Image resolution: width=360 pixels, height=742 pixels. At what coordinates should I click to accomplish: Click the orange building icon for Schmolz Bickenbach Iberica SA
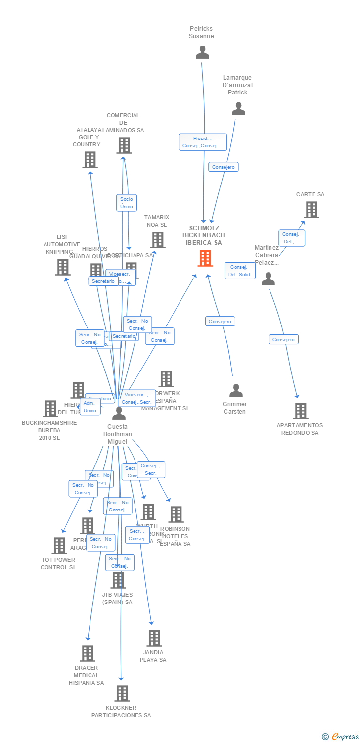click(205, 258)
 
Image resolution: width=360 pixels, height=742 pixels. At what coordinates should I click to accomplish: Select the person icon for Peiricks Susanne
click(202, 52)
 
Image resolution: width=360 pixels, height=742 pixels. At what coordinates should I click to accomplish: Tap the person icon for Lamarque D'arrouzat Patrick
click(238, 109)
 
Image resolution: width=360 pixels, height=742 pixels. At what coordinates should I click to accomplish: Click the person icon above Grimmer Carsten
click(236, 391)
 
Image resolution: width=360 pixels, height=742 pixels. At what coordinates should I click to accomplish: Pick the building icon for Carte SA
click(311, 210)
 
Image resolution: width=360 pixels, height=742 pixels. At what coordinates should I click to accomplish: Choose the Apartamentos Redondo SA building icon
click(300, 411)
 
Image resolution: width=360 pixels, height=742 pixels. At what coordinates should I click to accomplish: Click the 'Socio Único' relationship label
click(127, 203)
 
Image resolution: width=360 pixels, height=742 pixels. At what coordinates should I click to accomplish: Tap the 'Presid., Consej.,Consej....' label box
click(203, 142)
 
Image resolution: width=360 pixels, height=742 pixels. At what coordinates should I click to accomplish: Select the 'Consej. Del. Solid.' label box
click(240, 271)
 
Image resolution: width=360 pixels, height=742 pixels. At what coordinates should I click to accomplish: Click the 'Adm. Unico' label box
click(90, 407)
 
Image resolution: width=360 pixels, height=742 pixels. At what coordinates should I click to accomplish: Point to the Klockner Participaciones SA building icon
click(122, 694)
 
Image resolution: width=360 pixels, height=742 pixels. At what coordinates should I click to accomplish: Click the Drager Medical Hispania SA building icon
click(88, 653)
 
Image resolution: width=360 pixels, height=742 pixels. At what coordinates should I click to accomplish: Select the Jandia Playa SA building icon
click(154, 638)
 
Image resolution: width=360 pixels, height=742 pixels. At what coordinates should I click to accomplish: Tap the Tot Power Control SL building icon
click(59, 546)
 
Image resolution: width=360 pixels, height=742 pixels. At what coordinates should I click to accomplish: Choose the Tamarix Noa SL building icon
click(157, 240)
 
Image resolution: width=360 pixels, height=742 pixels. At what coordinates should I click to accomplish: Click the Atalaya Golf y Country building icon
click(90, 160)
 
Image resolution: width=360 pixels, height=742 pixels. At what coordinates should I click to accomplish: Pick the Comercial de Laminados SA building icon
click(124, 145)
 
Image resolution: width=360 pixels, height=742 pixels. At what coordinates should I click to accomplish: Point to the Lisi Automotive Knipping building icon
click(62, 267)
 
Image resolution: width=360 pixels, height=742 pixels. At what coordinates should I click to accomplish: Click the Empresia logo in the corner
click(341, 737)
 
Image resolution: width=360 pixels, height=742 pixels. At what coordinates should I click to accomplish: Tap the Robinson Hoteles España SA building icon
click(176, 514)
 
